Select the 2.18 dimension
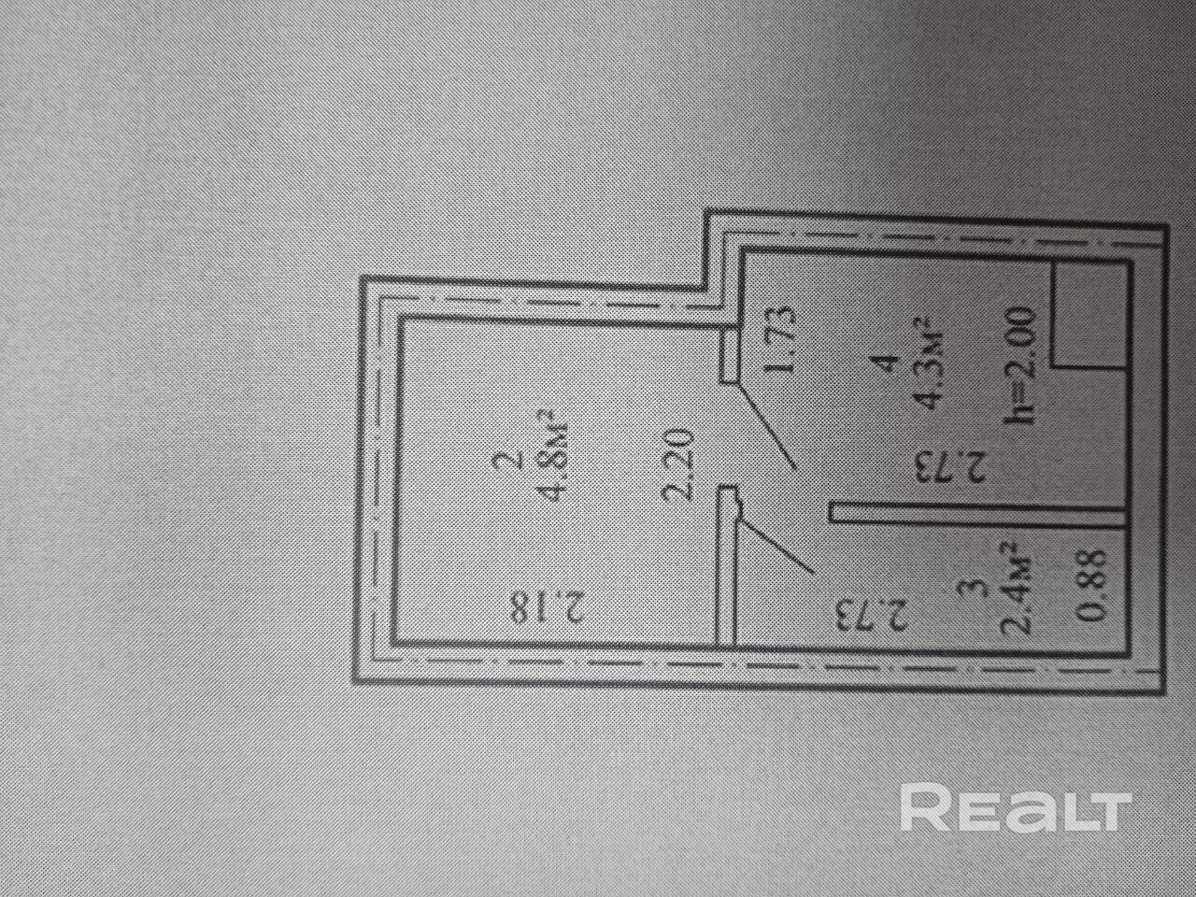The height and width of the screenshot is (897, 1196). [547, 606]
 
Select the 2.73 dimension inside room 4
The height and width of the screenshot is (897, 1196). [947, 464]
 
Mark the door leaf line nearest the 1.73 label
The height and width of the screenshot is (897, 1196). [767, 425]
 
